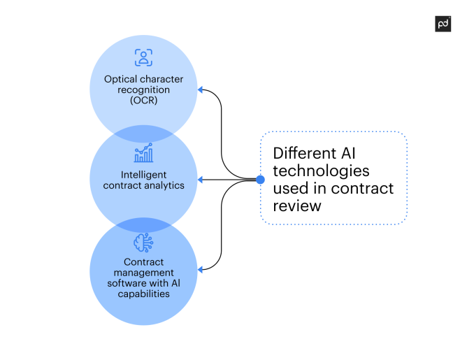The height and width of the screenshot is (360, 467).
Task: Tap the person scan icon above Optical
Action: [x=143, y=57]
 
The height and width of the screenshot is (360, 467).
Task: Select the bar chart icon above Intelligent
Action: [x=143, y=153]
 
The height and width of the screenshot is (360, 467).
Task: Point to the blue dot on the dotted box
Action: [x=260, y=180]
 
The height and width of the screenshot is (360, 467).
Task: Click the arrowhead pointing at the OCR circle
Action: [x=201, y=89]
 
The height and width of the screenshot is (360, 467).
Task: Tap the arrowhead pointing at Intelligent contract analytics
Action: [x=201, y=180]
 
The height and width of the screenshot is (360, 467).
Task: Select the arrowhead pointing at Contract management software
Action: [x=201, y=269]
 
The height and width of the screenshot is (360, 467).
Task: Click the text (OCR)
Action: [x=143, y=100]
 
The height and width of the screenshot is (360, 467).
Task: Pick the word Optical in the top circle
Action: [x=121, y=79]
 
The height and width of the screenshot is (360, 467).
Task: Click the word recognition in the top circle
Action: [x=143, y=89]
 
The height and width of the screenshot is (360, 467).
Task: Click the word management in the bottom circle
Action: [x=143, y=273]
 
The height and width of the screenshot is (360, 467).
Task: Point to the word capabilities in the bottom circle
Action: [x=143, y=294]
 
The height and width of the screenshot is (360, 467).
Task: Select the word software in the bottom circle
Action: [x=126, y=283]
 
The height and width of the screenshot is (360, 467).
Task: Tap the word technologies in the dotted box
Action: [x=321, y=171]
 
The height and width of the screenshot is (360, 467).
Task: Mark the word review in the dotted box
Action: [x=296, y=206]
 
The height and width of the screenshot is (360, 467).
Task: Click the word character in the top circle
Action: [x=162, y=79]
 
